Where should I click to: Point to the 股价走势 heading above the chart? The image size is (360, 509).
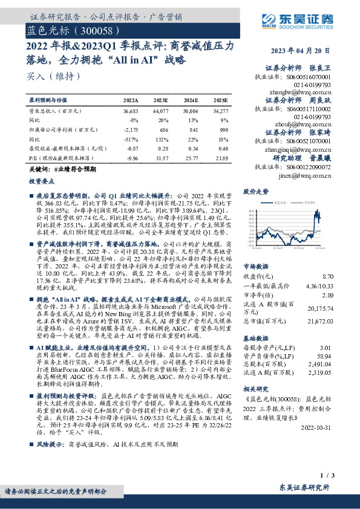tap(256, 192)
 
